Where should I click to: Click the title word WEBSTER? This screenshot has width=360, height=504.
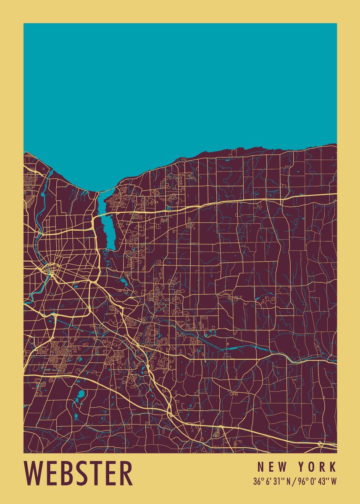(x=79, y=473)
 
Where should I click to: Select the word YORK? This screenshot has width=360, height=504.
(x=318, y=467)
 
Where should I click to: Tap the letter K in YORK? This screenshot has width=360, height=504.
(x=333, y=467)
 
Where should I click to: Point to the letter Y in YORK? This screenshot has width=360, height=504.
(x=302, y=467)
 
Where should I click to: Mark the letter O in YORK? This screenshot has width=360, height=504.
(x=313, y=467)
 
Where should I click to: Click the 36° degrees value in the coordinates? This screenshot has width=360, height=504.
(x=258, y=481)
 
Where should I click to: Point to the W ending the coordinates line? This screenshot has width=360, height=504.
(x=334, y=481)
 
